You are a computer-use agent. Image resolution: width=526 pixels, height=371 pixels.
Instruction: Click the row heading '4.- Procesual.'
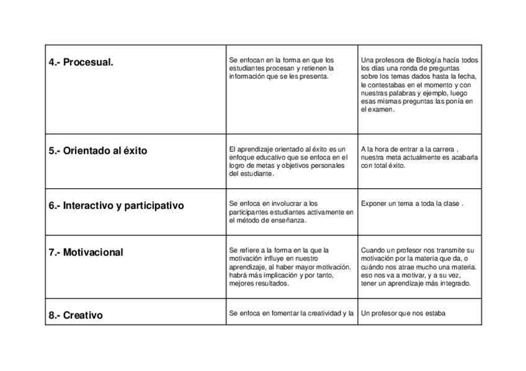pos(81,61)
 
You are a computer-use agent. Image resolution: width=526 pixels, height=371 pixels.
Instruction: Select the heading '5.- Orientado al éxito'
pos(98,151)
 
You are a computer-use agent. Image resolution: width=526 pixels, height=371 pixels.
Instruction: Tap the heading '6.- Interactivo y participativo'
pos(116,206)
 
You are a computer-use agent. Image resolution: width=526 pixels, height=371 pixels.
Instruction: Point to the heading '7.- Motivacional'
pos(86,252)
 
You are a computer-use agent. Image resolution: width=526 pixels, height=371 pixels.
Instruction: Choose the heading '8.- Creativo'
pos(76,315)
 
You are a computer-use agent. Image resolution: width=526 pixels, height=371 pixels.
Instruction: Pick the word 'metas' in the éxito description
pos(254,166)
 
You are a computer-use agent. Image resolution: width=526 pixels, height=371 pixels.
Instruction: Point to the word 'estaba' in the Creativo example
pos(436,313)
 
